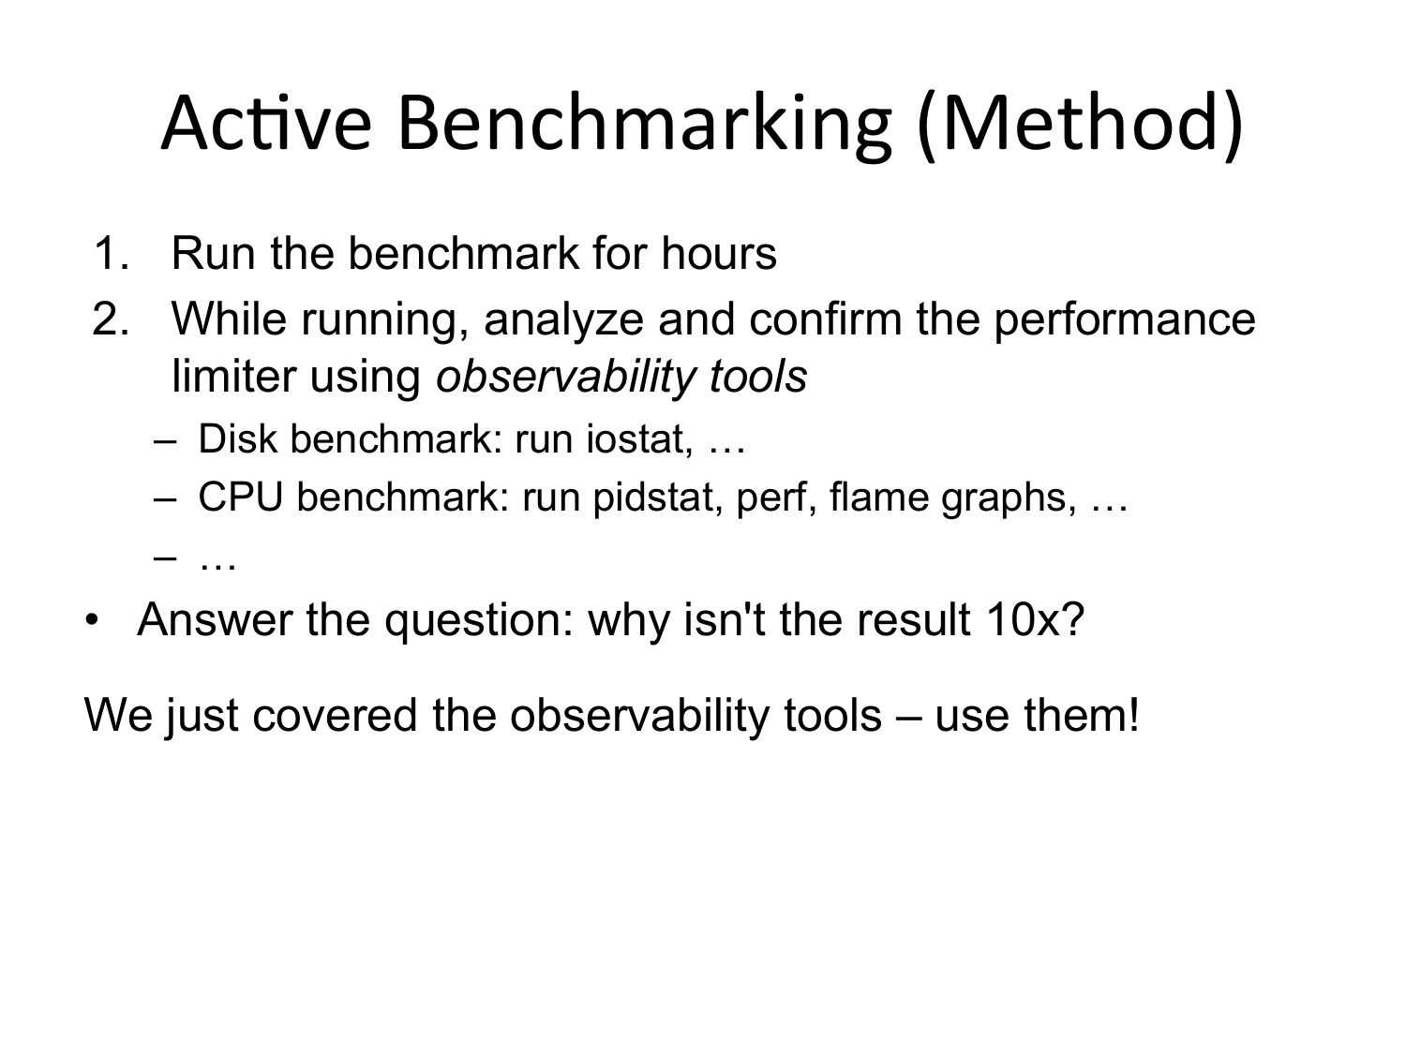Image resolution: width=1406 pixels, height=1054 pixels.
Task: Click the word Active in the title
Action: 266,123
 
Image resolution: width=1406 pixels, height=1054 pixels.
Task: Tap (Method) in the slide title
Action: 1080,126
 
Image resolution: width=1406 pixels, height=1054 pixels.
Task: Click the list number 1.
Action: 112,253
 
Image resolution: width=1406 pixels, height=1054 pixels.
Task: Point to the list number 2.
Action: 111,319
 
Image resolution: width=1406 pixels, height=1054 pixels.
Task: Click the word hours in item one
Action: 719,253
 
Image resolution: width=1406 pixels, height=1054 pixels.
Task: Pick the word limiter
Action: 233,376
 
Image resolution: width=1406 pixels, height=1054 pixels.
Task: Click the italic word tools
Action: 757,376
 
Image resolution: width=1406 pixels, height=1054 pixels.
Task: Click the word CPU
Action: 240,497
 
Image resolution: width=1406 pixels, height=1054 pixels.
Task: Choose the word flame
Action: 879,497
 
